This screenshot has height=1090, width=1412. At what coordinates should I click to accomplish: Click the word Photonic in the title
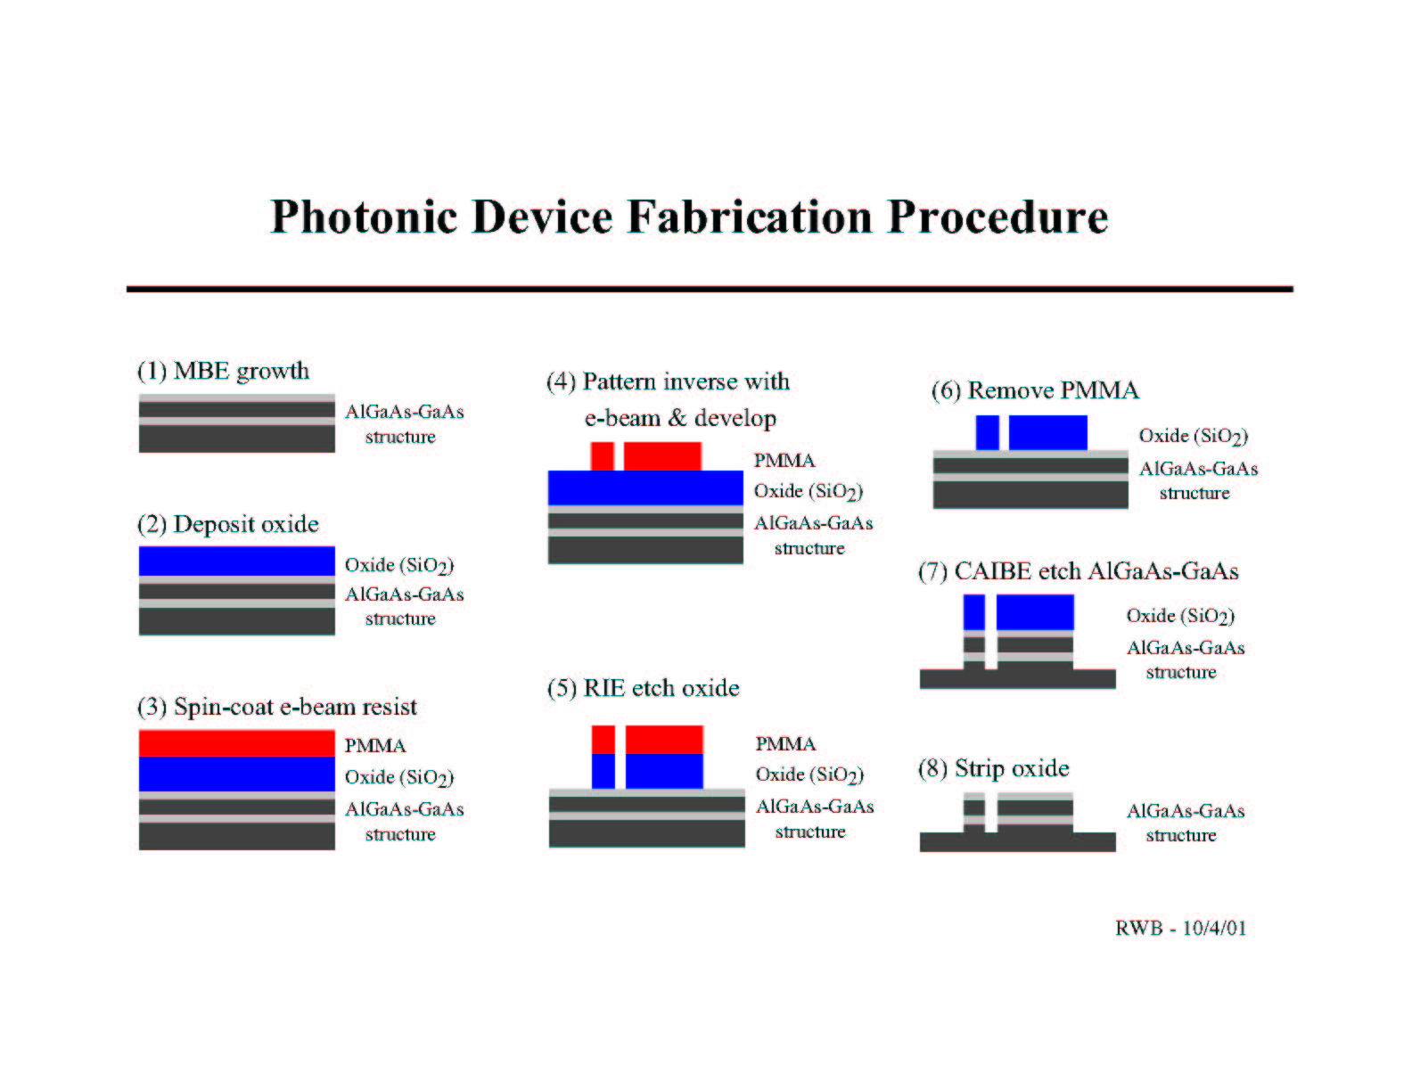pos(364,217)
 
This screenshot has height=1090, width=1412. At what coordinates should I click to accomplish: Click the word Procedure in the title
pos(997,217)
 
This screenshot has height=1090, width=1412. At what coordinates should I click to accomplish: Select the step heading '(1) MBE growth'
pos(223,371)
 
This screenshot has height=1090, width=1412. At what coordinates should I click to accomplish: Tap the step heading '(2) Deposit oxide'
pos(228,524)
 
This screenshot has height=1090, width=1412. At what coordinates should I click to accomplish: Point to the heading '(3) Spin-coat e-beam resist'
pos(277,707)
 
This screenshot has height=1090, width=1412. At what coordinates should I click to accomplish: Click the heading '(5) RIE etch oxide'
pos(644,688)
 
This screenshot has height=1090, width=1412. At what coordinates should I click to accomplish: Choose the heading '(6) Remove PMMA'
pos(1035,390)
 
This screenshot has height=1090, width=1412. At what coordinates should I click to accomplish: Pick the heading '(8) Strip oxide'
pos(994,768)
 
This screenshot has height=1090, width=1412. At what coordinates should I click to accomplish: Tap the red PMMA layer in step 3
pos(236,743)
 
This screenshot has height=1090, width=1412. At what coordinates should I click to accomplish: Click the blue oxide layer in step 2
pos(236,561)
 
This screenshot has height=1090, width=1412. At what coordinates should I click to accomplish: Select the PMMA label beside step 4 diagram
pos(784,461)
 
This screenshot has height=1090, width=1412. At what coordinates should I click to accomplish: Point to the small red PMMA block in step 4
pos(603,456)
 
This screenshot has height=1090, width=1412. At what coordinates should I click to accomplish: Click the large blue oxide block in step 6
pos(1048,432)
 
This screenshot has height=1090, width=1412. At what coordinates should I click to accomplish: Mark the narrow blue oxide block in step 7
pos(974,612)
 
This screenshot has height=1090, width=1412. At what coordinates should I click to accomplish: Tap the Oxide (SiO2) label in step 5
pos(809,775)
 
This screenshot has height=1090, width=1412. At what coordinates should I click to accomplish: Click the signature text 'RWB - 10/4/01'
pos(1181,928)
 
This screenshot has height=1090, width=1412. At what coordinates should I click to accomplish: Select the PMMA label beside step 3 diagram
pos(375,746)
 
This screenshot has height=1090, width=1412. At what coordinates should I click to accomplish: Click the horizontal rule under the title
pos(710,289)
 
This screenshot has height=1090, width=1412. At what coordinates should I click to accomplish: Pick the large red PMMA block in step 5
pos(664,740)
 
